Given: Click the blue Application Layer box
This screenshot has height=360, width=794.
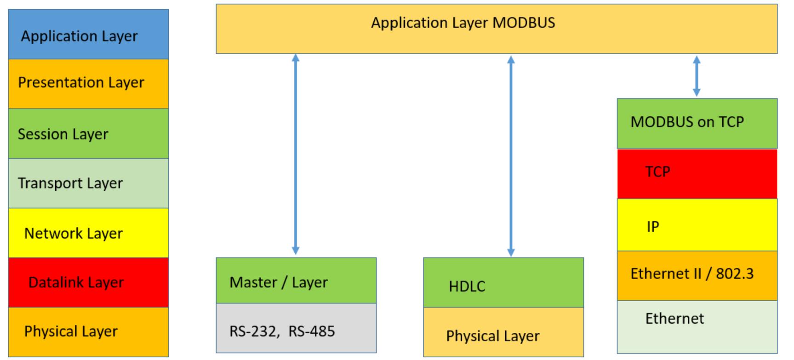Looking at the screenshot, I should [x=88, y=34].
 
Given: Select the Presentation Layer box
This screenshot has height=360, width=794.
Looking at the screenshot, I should [x=88, y=84].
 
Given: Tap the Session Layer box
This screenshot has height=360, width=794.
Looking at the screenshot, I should [x=88, y=133].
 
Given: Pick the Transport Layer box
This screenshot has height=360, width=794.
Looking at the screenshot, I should [x=88, y=183].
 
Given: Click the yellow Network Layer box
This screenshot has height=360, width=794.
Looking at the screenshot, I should [x=88, y=233].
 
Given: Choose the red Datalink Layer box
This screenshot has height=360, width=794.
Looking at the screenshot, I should [x=88, y=282].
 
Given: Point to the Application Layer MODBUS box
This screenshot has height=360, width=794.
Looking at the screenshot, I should [x=497, y=29].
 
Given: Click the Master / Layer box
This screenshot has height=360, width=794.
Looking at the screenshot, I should [x=296, y=280].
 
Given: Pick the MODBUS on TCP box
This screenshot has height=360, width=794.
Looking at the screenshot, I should [x=697, y=123].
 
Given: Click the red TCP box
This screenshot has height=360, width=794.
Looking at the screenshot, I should [x=697, y=173].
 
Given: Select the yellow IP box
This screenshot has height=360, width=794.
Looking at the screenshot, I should [x=697, y=225].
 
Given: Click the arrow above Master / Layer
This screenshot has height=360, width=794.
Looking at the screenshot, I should [x=296, y=154].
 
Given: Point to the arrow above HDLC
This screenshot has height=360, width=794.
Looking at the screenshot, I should [x=511, y=155].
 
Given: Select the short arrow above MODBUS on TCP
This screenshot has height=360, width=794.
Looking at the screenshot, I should [x=697, y=76].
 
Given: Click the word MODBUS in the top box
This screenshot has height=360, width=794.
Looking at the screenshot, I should [x=524, y=23].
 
